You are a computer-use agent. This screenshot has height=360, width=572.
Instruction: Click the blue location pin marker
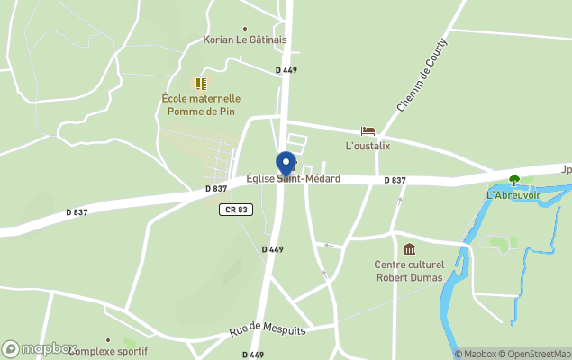(x=286, y=164)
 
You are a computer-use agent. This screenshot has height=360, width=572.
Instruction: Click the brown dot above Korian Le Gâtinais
(x=244, y=29)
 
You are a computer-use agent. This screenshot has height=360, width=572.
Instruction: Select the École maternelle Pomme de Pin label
(x=203, y=105)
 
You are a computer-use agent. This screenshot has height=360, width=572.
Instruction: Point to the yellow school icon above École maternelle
(x=201, y=83)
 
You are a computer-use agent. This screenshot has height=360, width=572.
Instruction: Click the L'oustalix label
(x=368, y=146)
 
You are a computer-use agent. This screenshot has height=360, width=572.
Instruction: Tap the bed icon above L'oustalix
(x=368, y=131)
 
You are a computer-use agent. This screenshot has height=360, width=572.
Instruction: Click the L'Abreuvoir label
(x=514, y=195)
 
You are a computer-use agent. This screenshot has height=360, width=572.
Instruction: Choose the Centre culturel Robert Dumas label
(x=410, y=271)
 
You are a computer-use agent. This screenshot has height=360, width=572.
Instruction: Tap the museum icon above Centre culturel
(x=410, y=249)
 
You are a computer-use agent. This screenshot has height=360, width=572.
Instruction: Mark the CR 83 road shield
(x=233, y=210)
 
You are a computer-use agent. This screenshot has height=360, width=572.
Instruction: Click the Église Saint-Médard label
(x=294, y=179)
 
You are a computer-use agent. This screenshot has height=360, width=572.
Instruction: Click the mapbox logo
(x=40, y=348)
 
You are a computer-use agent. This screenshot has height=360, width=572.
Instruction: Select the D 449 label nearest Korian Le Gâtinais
(x=286, y=70)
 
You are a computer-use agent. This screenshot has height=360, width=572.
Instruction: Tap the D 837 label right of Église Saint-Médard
(x=395, y=181)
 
